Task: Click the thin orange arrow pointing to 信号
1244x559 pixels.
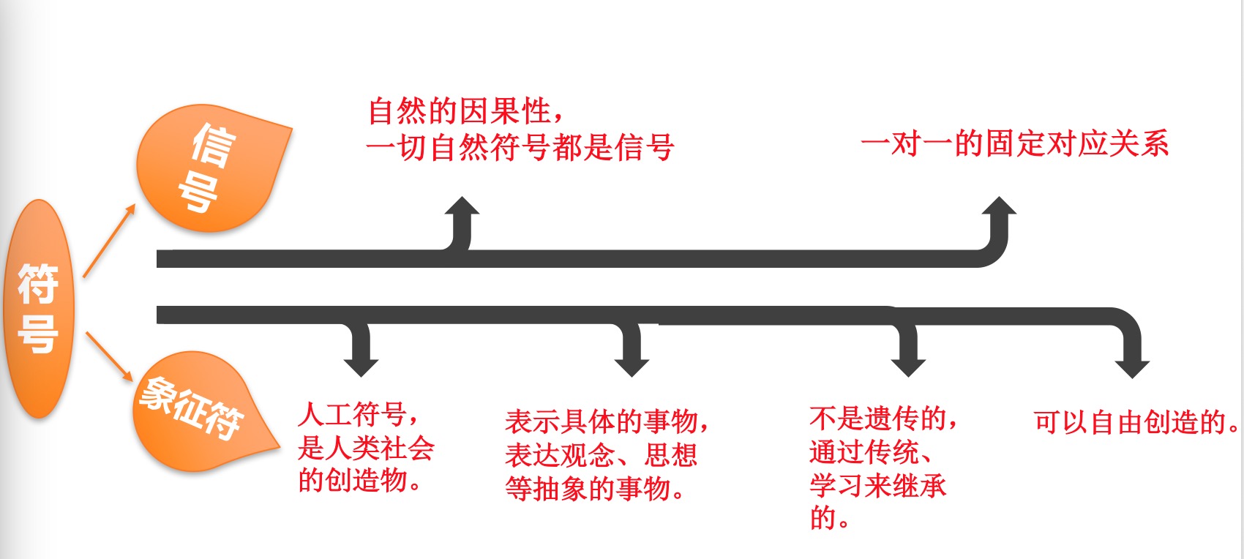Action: [x=109, y=241]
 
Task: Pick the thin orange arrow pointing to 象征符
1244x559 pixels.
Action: [x=109, y=356]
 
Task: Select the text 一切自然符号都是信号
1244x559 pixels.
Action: [x=520, y=148]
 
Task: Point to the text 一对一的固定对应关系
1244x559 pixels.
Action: [x=1014, y=143]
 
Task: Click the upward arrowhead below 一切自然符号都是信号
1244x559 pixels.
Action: [x=462, y=207]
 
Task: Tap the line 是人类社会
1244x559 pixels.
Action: [x=366, y=448]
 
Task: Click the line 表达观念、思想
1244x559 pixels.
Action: [x=601, y=455]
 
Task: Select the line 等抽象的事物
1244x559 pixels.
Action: [x=596, y=489]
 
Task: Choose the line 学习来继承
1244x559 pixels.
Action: [x=877, y=485]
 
